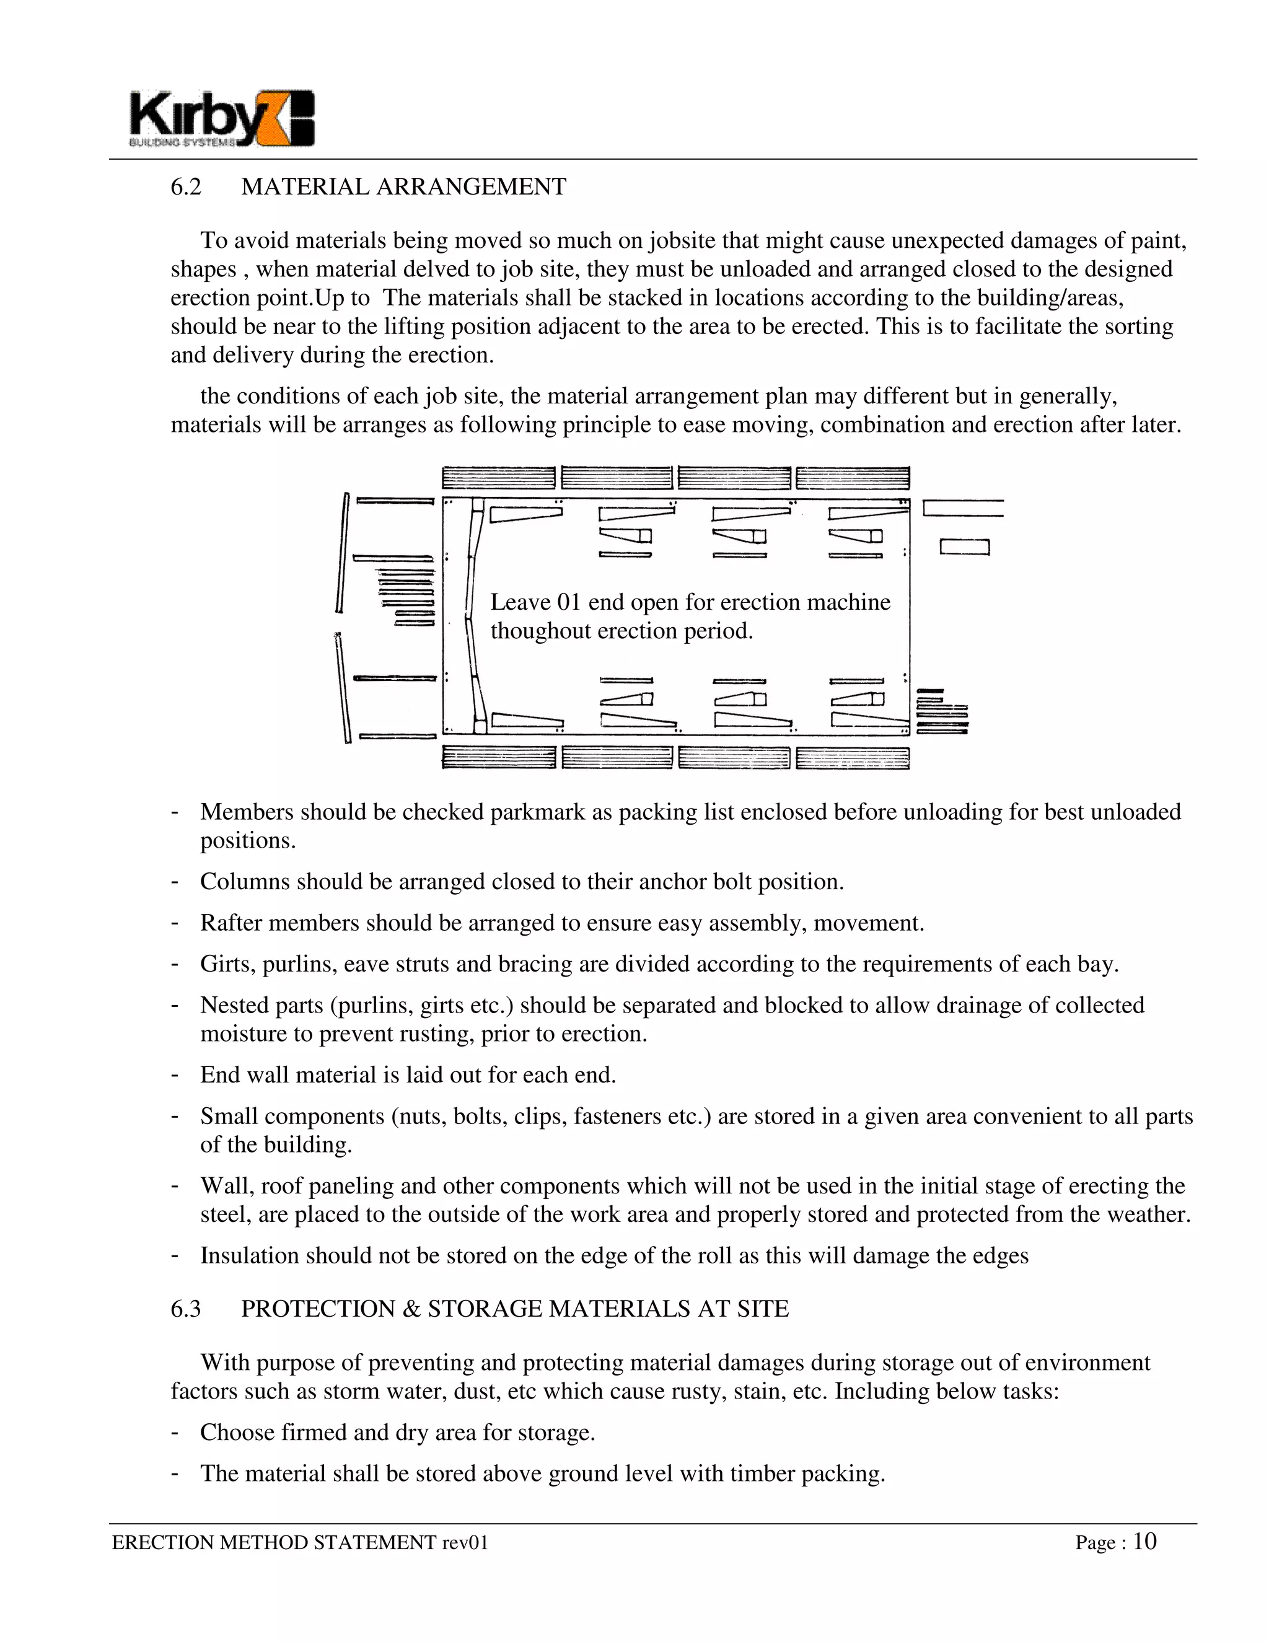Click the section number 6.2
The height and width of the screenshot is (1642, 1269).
pos(186,187)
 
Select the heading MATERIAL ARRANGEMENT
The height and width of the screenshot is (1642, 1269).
pos(404,187)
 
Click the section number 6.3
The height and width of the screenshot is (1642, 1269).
pos(186,1309)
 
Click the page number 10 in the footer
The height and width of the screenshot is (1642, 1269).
pos(1144,1542)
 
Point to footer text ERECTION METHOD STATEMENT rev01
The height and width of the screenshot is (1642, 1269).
pos(300,1543)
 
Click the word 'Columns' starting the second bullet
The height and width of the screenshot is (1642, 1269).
pos(244,881)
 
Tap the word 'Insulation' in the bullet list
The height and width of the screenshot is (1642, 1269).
pos(250,1255)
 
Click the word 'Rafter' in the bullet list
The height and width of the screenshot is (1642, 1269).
pos(231,923)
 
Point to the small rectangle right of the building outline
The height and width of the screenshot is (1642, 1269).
pos(965,547)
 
